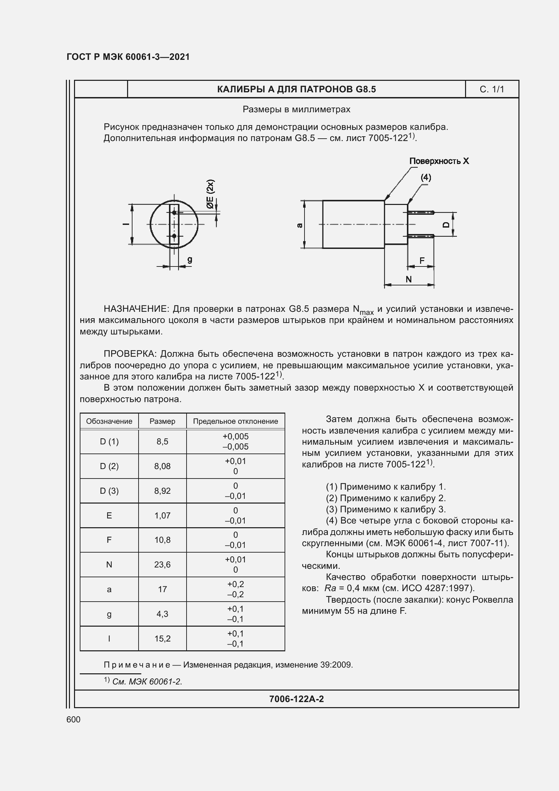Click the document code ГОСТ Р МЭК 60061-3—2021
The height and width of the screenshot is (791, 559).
128,57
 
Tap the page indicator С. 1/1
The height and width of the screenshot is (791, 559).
491,90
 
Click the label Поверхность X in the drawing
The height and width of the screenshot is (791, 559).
439,161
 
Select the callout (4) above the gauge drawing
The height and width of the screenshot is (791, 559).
426,178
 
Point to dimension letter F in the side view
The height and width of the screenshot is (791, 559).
422,261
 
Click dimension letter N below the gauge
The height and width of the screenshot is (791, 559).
409,279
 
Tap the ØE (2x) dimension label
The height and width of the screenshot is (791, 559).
210,194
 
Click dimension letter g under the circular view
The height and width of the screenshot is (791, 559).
190,259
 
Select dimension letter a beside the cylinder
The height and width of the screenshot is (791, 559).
300,225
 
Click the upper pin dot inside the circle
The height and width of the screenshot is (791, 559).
174,213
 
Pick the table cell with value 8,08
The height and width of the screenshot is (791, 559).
162,466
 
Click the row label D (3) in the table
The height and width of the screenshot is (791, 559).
109,491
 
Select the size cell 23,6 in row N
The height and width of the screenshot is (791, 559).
162,565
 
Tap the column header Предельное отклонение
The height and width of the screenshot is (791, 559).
236,421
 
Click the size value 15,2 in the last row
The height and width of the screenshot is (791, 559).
162,639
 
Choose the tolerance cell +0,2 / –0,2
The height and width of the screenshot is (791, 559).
236,589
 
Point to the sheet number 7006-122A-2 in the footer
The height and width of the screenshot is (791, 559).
296,699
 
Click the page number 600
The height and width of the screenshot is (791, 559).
73,720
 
